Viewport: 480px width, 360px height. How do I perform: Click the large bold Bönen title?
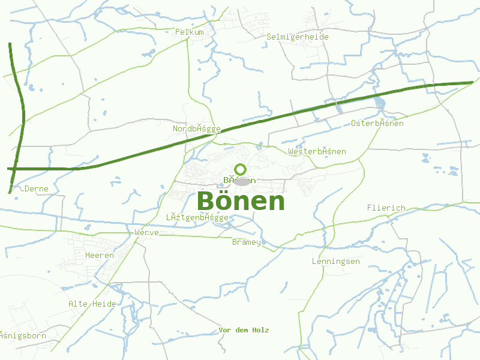(241, 201)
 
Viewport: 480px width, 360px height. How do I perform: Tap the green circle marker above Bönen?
(241, 169)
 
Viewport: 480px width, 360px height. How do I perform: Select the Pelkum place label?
(190, 32)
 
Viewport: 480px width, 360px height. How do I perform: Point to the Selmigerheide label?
(298, 37)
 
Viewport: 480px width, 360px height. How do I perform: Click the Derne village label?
(37, 188)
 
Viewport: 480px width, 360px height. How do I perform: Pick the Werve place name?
(147, 232)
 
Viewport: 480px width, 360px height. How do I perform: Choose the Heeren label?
(100, 255)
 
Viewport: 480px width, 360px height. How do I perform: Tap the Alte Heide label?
(92, 304)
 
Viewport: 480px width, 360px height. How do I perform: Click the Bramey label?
(247, 242)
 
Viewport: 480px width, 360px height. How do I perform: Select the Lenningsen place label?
(336, 261)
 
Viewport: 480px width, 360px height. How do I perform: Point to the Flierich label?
(386, 208)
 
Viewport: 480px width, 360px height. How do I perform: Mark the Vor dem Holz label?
(244, 330)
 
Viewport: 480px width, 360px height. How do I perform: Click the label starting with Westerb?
(317, 151)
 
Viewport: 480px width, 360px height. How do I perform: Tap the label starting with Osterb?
(377, 123)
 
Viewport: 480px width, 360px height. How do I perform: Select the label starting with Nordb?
(197, 129)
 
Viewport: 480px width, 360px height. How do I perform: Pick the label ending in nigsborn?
(23, 335)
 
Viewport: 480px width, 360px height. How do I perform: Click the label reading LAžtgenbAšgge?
(197, 217)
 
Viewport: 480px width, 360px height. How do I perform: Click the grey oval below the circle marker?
(241, 181)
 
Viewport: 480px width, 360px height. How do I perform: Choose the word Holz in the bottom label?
(261, 330)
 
